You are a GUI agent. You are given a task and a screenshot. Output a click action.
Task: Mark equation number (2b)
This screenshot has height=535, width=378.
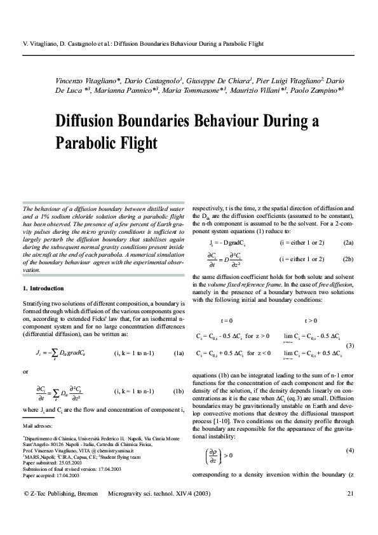point(348,259)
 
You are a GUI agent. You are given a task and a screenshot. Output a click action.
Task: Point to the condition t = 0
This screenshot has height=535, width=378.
point(226,320)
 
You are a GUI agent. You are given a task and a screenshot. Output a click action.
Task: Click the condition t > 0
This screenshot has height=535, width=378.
point(311,320)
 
